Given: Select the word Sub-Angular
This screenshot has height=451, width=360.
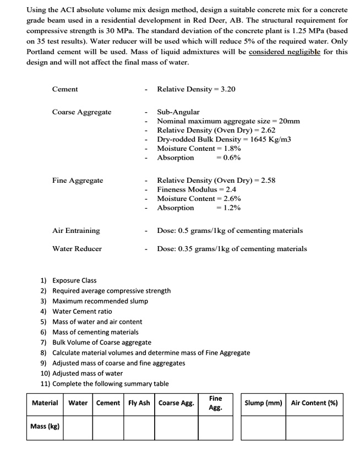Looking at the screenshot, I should pyautogui.click(x=178, y=112).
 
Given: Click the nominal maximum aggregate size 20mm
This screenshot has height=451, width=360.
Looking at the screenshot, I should pyautogui.click(x=289, y=121).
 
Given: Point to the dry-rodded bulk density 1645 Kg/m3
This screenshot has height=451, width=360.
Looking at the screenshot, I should pyautogui.click(x=270, y=139).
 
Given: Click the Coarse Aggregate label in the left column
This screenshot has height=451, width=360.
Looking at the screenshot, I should pyautogui.click(x=81, y=112).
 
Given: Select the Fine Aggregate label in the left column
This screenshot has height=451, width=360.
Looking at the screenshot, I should pyautogui.click(x=77, y=180).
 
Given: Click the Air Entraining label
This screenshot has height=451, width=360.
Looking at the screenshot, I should pyautogui.click(x=76, y=231).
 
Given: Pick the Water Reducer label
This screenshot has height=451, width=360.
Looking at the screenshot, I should pyautogui.click(x=77, y=248).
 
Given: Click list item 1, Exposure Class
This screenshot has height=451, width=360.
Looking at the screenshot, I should pyautogui.click(x=74, y=280).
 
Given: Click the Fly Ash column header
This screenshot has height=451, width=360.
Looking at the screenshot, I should pyautogui.click(x=139, y=403).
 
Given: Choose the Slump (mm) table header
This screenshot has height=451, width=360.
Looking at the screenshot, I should pyautogui.click(x=263, y=403).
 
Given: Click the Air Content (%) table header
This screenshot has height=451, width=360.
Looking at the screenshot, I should pyautogui.click(x=314, y=403).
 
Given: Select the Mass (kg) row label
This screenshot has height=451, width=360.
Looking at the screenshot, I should pyautogui.click(x=46, y=426).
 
